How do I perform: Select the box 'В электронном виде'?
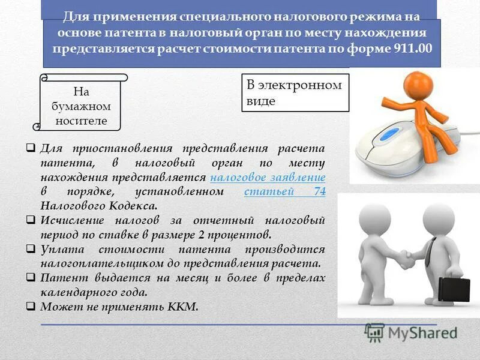pos(295,93)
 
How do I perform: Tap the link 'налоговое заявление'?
pos(268,178)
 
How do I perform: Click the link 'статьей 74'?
pos(285,192)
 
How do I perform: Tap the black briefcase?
pos(454,289)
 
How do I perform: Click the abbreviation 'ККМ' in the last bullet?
pos(183,306)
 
